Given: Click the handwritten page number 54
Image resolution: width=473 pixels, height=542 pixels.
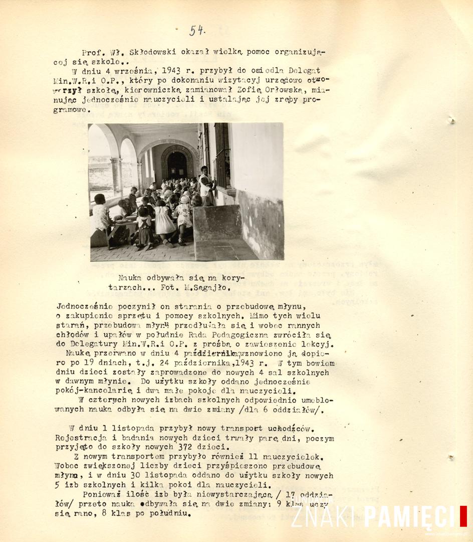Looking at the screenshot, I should pos(196,31).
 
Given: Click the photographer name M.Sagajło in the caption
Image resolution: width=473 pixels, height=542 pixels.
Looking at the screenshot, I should pos(210,288).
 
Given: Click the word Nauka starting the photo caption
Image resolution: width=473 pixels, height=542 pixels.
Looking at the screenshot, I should pos(130,278).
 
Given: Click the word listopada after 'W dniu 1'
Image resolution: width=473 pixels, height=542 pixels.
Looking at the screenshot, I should pos(123,428).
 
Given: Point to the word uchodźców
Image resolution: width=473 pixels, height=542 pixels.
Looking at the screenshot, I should pos(289,428).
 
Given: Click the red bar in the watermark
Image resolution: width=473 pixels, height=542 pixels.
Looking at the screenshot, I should pos(463,516).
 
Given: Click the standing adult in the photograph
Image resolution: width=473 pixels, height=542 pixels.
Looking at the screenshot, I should pos(206,185).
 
